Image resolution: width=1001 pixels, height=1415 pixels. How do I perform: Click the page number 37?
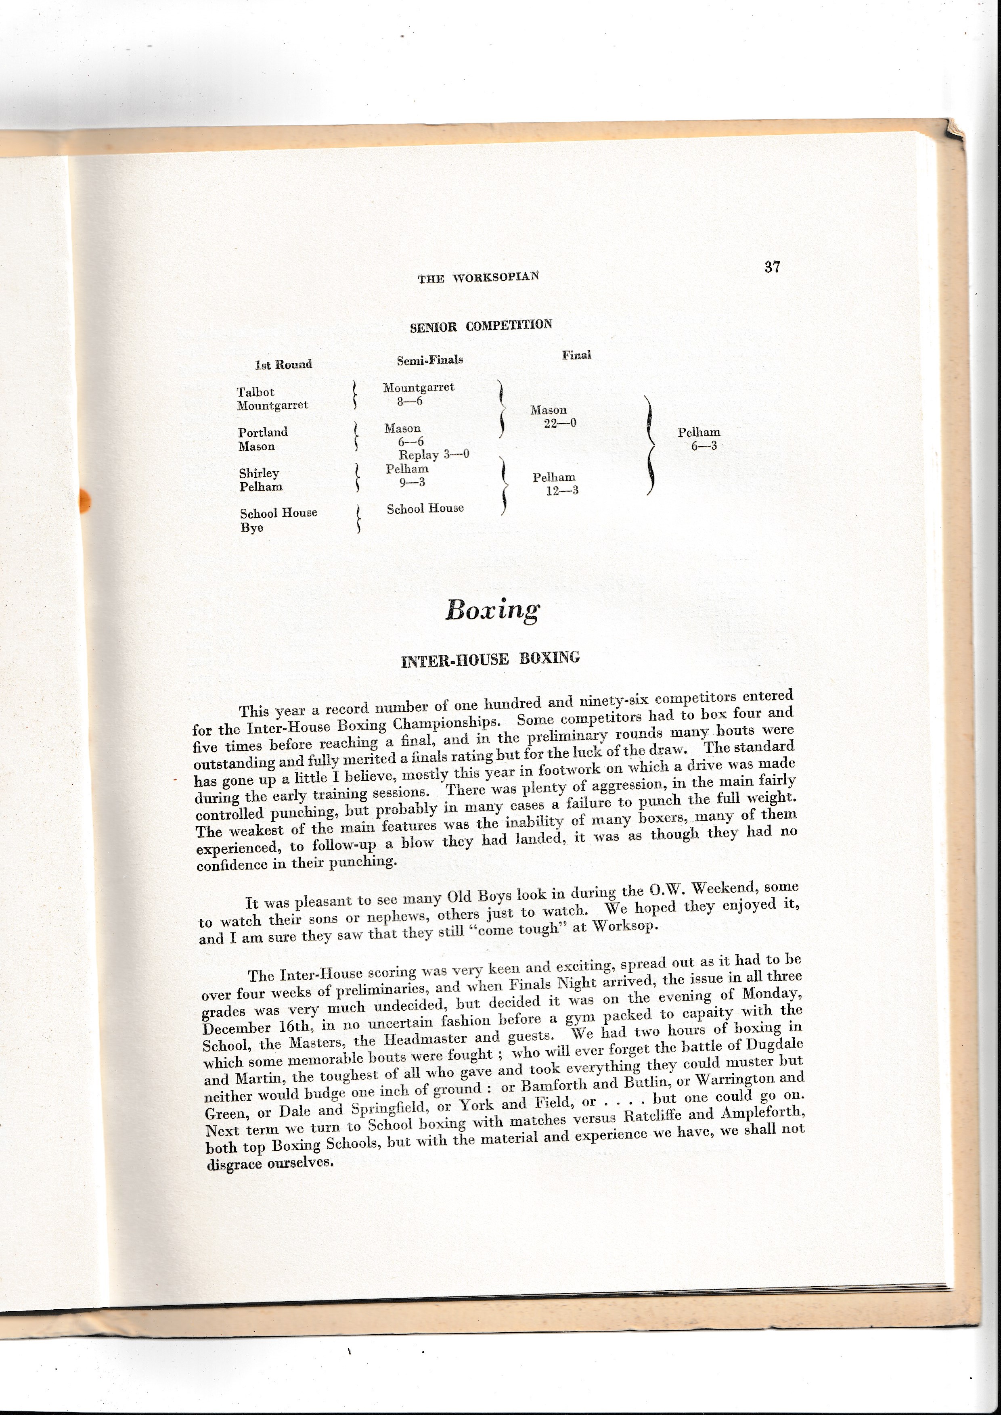(772, 267)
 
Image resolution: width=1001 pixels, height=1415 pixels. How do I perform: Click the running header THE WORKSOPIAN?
(478, 277)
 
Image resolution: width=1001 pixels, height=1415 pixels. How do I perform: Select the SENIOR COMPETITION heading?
(481, 325)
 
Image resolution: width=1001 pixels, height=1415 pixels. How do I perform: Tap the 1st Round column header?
(283, 364)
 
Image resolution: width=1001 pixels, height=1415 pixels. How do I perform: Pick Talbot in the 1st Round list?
(255, 392)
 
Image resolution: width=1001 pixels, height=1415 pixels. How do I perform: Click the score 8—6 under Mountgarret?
(410, 401)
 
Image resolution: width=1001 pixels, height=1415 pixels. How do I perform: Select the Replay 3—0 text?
(434, 454)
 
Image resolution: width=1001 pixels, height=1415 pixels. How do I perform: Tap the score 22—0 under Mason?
(560, 423)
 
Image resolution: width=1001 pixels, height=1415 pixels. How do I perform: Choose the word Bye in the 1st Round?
(251, 527)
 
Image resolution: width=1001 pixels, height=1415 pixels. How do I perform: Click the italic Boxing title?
(492, 610)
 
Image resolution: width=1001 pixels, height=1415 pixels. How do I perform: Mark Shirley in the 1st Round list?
(259, 473)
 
